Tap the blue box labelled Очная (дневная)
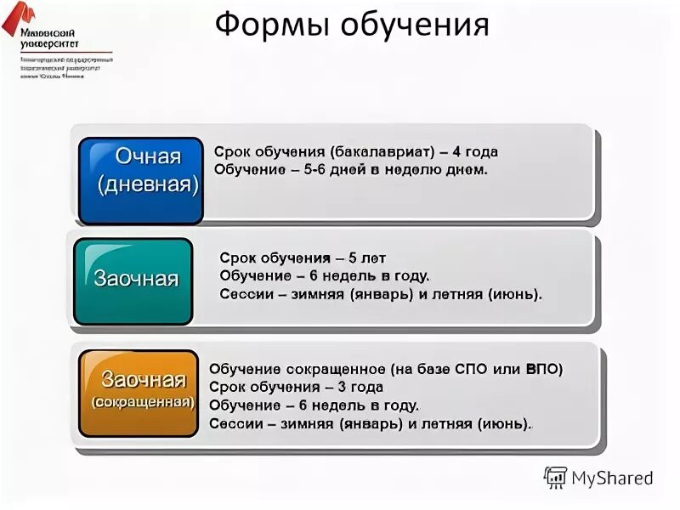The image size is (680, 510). pos(141,180)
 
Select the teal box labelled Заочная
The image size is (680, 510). pos(133,281)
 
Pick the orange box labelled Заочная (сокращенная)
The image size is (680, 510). pos(139,393)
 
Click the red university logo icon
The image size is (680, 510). pos(16,19)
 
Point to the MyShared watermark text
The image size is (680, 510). pos(613,478)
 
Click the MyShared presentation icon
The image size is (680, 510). pos(555,478)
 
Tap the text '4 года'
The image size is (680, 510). pos(475,152)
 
